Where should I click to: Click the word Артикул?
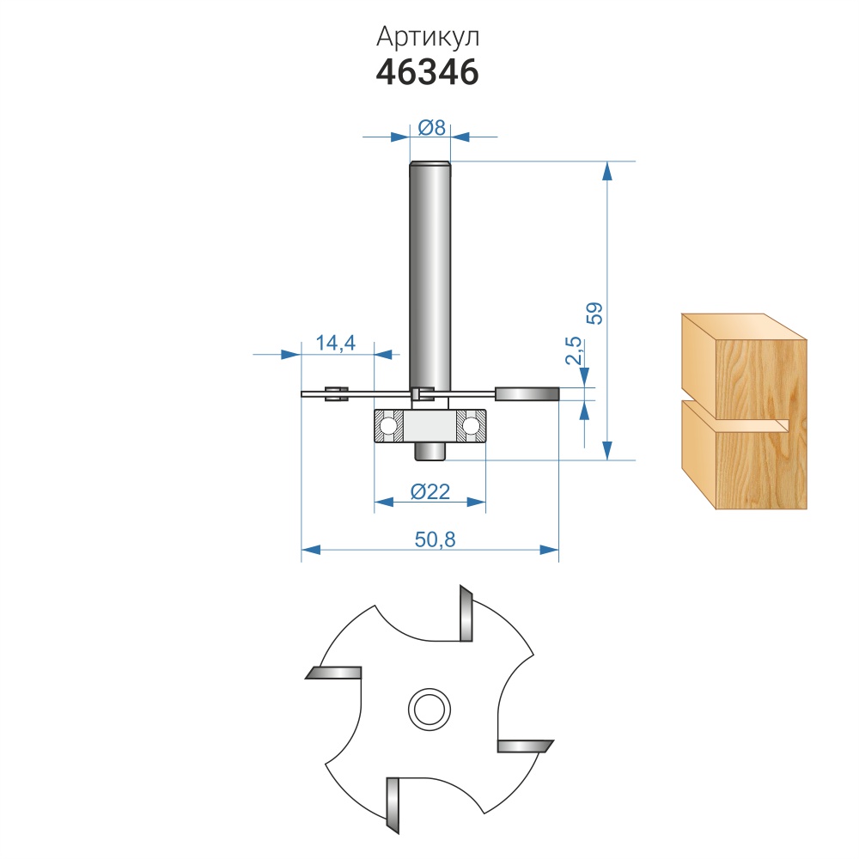[x=428, y=38]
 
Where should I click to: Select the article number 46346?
[x=427, y=72]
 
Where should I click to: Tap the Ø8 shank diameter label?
[x=432, y=128]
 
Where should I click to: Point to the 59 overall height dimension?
[x=594, y=314]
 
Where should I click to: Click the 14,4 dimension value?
[x=336, y=343]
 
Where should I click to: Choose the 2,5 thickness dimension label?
[x=573, y=350]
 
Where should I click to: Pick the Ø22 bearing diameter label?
[x=430, y=492]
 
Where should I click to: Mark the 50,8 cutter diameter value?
[x=435, y=539]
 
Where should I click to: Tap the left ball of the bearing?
[x=389, y=425]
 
